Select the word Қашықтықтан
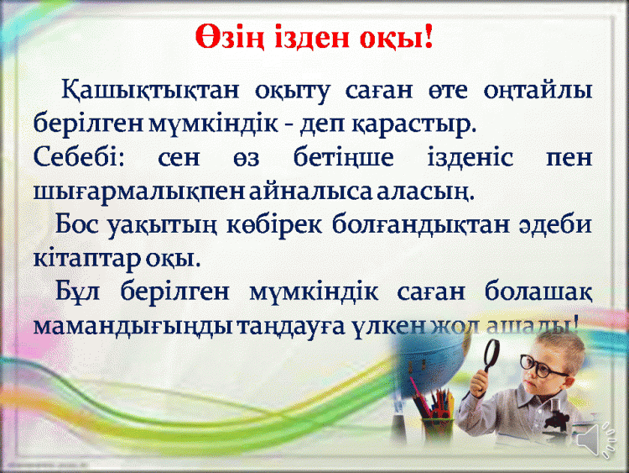(x=149, y=91)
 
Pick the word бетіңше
(x=343, y=158)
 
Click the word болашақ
(x=538, y=291)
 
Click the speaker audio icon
(x=596, y=439)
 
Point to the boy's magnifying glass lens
(x=491, y=354)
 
